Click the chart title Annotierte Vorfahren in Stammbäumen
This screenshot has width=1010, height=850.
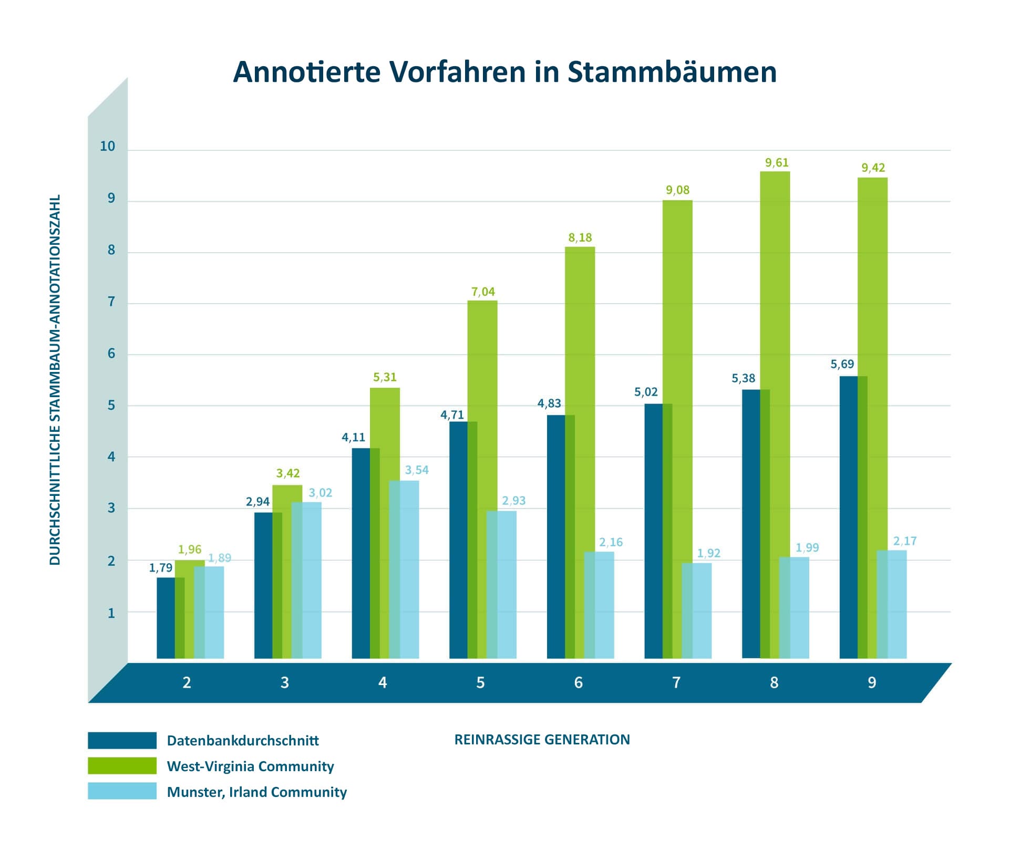click(504, 72)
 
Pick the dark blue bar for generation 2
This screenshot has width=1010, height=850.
click(166, 618)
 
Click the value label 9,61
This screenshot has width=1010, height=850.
click(777, 163)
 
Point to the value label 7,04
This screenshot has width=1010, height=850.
click(483, 292)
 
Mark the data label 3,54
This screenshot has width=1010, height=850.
click(417, 470)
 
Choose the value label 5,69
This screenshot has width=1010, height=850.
click(842, 364)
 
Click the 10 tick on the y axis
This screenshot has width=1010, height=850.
click(107, 147)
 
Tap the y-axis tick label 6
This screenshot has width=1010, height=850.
click(111, 354)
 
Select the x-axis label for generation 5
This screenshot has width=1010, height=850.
click(480, 682)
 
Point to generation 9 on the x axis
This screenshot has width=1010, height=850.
click(872, 682)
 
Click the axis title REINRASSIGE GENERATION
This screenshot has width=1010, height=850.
click(542, 740)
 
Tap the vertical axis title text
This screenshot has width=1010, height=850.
click(55, 380)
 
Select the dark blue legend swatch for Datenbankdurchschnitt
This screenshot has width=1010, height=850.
click(122, 740)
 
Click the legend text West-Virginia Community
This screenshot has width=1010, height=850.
click(250, 766)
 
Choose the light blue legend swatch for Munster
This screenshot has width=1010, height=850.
click(122, 791)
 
